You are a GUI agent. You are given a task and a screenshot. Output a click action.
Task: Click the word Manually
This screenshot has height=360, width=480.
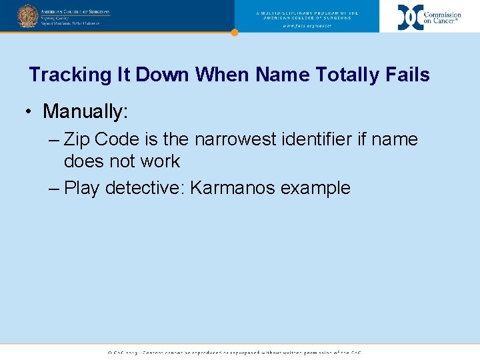tap(85, 111)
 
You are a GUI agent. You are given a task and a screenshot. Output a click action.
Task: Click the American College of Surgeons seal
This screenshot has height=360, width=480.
tap(27, 15)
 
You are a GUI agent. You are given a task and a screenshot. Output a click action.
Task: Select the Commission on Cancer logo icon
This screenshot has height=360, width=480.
tap(410, 17)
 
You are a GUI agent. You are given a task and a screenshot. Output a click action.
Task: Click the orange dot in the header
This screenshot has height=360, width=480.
tap(234, 32)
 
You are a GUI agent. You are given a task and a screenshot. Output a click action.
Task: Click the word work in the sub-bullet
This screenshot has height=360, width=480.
tap(158, 161)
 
